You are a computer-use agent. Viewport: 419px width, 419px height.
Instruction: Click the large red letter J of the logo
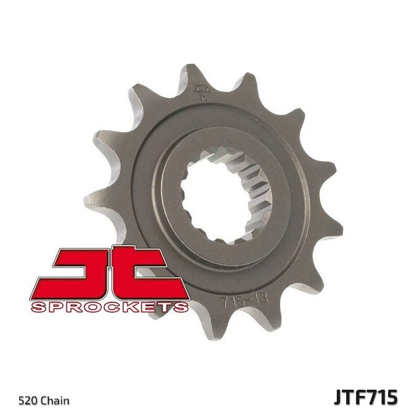click(x=79, y=272)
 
